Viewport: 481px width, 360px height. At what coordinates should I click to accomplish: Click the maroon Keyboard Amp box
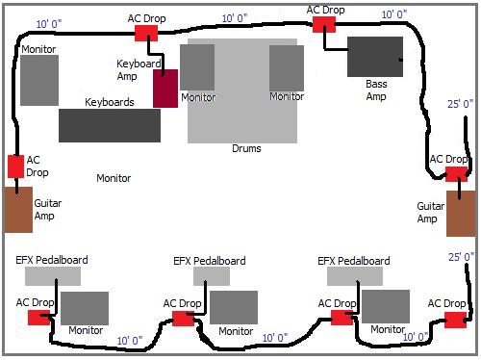(165, 88)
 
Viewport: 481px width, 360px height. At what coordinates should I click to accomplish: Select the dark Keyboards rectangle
(109, 124)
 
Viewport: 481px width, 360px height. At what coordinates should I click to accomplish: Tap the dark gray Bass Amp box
(381, 57)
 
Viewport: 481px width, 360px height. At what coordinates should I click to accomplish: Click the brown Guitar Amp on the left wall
(18, 210)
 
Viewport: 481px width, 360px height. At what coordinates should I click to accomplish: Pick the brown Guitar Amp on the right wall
(461, 213)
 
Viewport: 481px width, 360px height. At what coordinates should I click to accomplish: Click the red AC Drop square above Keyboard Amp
(145, 32)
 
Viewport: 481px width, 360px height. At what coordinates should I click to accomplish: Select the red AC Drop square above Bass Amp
(323, 24)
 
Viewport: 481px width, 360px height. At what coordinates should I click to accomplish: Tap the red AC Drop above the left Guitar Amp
(15, 166)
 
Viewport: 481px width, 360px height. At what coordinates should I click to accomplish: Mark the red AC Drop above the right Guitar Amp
(456, 173)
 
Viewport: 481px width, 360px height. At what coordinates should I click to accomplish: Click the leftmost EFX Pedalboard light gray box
(52, 276)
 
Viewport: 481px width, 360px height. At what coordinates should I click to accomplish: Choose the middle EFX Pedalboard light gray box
(211, 276)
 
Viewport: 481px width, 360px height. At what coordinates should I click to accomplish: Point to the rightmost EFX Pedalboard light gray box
(355, 276)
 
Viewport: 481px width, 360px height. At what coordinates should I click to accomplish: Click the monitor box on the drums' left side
(196, 67)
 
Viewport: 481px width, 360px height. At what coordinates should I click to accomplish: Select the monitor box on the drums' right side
(287, 67)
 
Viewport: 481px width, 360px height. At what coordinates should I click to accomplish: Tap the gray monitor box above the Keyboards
(39, 80)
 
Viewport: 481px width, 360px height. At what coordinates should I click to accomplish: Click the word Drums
(246, 148)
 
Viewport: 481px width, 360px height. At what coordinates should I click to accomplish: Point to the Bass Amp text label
(376, 90)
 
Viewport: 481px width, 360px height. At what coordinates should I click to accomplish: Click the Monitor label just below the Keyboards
(114, 178)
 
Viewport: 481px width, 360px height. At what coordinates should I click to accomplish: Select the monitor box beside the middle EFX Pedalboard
(234, 307)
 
